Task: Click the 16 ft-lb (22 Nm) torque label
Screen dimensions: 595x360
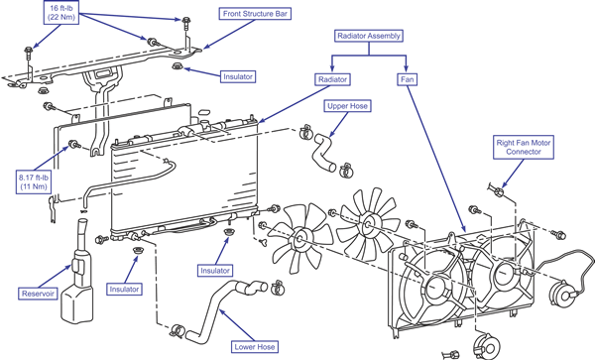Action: pyautogui.click(x=61, y=13)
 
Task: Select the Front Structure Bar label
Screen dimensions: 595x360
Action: pyautogui.click(x=255, y=14)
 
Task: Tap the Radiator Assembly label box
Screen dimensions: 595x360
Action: pyautogui.click(x=369, y=36)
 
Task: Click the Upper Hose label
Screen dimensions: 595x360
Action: pyautogui.click(x=347, y=106)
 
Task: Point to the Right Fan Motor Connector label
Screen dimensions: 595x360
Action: pyautogui.click(x=524, y=147)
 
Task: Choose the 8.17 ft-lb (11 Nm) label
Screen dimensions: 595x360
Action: pyautogui.click(x=34, y=181)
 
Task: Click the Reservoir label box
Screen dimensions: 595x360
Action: pyautogui.click(x=38, y=294)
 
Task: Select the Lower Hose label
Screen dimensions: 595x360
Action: pyautogui.click(x=255, y=347)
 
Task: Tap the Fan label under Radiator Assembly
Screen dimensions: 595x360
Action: pyautogui.click(x=408, y=79)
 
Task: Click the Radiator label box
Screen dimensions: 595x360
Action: pyautogui.click(x=332, y=79)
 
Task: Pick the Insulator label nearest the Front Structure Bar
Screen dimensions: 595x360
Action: pyautogui.click(x=238, y=76)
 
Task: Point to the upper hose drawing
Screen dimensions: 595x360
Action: pyautogui.click(x=323, y=152)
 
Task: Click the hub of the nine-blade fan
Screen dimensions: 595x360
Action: pyautogui.click(x=367, y=223)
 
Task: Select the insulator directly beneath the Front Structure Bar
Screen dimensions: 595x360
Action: pyautogui.click(x=178, y=66)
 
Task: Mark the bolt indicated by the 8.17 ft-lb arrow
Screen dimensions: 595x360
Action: pyautogui.click(x=72, y=144)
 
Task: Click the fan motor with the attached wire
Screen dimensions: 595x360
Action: pyautogui.click(x=562, y=293)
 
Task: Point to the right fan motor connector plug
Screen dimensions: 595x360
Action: pyautogui.click(x=498, y=190)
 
